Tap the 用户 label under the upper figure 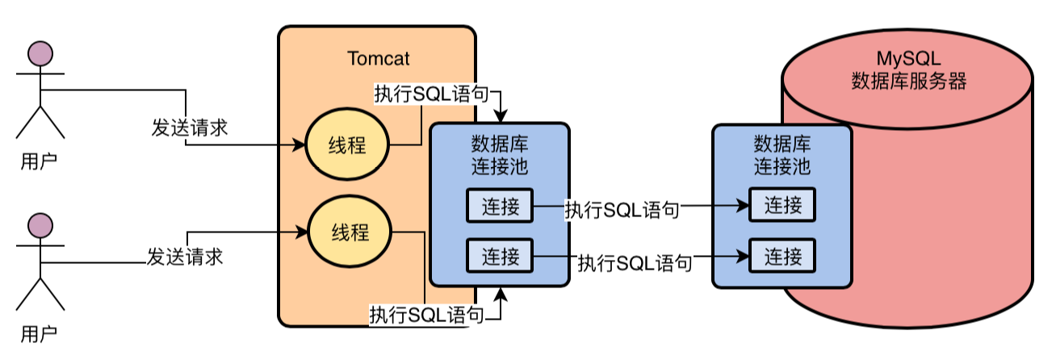pos(39,161)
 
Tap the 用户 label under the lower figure pos(39,332)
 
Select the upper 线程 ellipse pos(347,146)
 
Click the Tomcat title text pos(378,59)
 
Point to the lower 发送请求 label pos(184,257)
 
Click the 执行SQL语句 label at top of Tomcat pos(432,94)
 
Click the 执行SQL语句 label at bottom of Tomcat pos(428,314)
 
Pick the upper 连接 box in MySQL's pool pos(782,206)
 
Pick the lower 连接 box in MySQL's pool pos(782,257)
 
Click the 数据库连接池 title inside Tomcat pos(500,156)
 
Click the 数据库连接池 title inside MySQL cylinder pos(782,156)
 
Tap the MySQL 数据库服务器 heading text pos(909,70)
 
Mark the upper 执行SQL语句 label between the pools pos(622,211)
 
